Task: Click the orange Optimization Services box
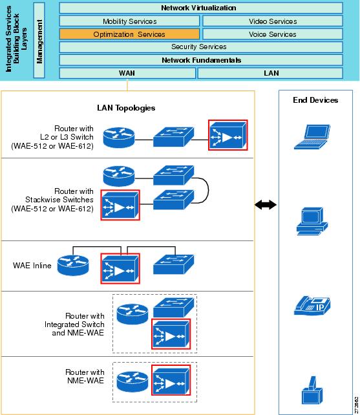pyautogui.click(x=129, y=34)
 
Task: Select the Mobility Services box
pyautogui.click(x=129, y=21)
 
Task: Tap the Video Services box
pyautogui.click(x=273, y=21)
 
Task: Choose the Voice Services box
pyautogui.click(x=273, y=34)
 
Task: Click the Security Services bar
pyautogui.click(x=201, y=47)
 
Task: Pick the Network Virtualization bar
pyautogui.click(x=201, y=8)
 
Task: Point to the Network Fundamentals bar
pyautogui.click(x=201, y=60)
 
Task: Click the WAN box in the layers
pyautogui.click(x=127, y=73)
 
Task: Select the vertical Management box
pyautogui.click(x=39, y=40)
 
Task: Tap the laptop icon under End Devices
pyautogui.click(x=312, y=137)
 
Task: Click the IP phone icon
pyautogui.click(x=312, y=305)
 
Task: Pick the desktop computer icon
pyautogui.click(x=312, y=221)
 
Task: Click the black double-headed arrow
pyautogui.click(x=266, y=204)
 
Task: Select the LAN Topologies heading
pyautogui.click(x=126, y=108)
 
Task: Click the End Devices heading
pyautogui.click(x=315, y=100)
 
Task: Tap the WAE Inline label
pyautogui.click(x=32, y=266)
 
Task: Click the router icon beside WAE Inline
pyautogui.click(x=73, y=265)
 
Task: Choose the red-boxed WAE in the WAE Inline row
pyautogui.click(x=120, y=268)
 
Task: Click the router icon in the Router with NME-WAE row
pyautogui.click(x=132, y=381)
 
